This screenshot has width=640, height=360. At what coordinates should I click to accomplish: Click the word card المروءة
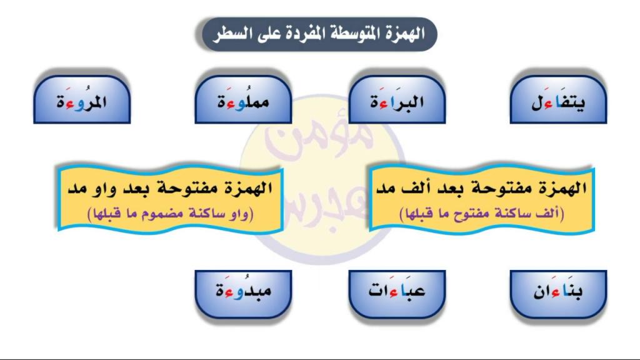tap(82, 99)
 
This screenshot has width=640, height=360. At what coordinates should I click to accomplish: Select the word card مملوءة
tap(243, 99)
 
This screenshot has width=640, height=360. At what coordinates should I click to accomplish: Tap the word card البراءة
tap(397, 99)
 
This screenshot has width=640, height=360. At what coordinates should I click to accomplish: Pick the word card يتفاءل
tap(558, 99)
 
